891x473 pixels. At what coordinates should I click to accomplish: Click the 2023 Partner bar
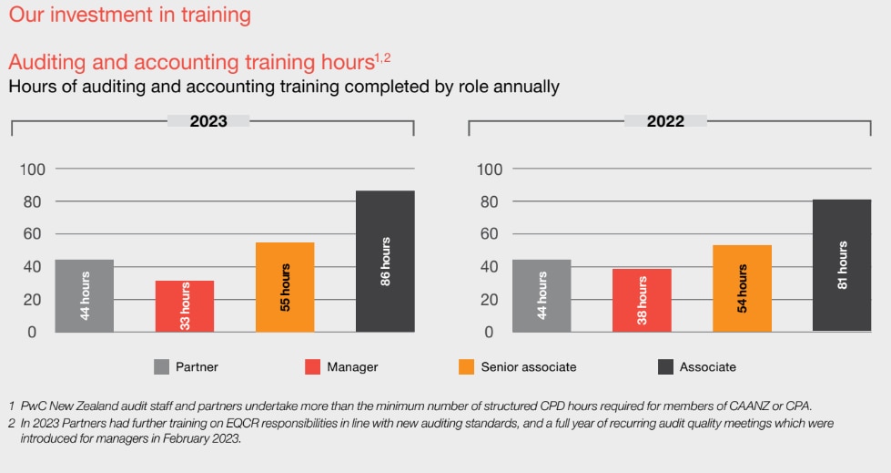click(85, 295)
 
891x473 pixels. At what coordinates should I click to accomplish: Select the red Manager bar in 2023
click(185, 306)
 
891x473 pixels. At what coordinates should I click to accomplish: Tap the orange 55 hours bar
click(285, 287)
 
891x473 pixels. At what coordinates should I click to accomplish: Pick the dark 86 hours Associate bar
click(385, 262)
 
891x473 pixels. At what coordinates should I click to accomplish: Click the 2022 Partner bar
click(542, 295)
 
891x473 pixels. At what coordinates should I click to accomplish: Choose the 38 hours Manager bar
click(642, 301)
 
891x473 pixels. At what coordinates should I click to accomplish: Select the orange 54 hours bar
click(742, 288)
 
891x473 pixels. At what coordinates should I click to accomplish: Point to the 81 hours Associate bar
click(842, 265)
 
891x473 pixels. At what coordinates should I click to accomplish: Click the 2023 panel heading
click(208, 121)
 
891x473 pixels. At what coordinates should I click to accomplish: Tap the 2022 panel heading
click(665, 121)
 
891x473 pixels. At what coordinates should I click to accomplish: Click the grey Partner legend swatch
click(162, 367)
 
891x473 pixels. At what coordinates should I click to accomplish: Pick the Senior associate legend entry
click(528, 367)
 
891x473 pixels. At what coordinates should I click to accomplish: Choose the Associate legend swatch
click(664, 367)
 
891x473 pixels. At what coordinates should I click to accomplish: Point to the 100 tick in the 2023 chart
click(33, 170)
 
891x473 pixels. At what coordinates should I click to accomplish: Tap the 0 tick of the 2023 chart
click(32, 332)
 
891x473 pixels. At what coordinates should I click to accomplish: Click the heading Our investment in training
click(130, 15)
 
